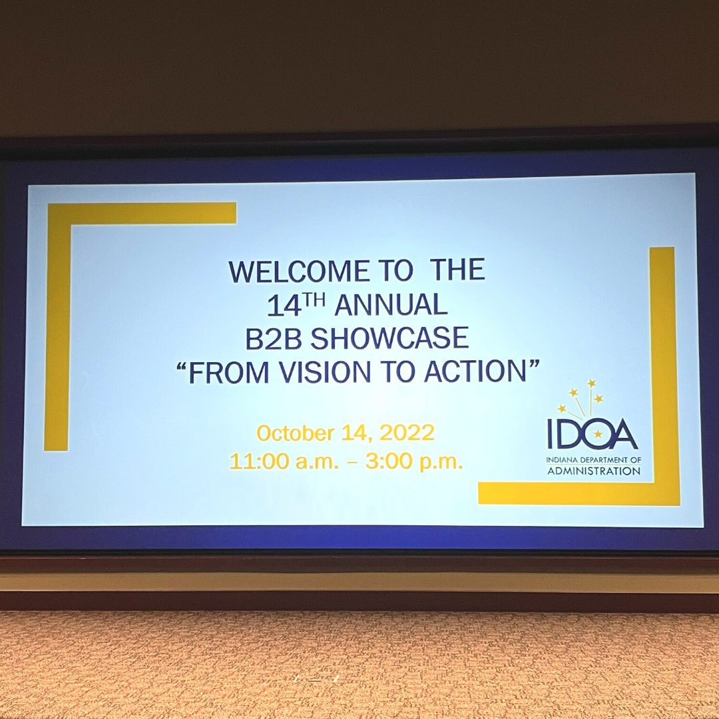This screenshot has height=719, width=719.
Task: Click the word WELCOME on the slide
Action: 299,272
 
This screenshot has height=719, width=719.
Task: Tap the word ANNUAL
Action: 390,306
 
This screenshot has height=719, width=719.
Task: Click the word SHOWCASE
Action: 389,339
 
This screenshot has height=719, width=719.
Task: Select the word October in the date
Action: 295,433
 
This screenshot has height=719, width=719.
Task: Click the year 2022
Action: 407,433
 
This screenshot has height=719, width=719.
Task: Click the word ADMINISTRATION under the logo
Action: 594,471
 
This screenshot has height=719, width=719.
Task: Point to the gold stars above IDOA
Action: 581,395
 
